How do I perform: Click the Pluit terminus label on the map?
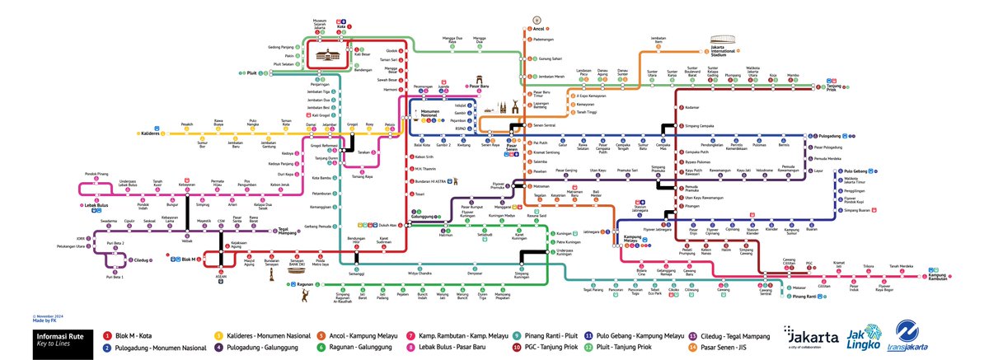[253, 73]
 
